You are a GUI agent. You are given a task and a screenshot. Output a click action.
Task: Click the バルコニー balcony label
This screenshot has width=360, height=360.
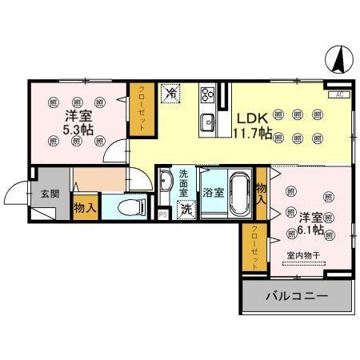click(296, 297)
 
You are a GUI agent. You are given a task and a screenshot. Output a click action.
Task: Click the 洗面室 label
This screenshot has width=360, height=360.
click(184, 183)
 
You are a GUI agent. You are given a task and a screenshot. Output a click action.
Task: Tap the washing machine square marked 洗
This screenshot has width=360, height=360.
click(186, 210)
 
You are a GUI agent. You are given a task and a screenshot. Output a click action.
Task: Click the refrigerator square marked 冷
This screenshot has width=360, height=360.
click(170, 93)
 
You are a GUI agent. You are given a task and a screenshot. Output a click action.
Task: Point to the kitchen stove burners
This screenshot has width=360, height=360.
click(207, 96)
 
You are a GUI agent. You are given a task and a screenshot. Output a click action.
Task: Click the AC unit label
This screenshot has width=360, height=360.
click(339, 95)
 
